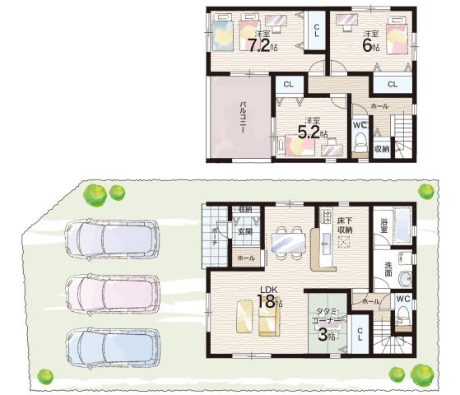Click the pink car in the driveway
113,295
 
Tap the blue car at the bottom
114,348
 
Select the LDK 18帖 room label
267,297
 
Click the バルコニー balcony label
243,118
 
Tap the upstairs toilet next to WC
360,142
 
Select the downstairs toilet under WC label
404,314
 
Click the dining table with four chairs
289,243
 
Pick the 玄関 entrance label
244,231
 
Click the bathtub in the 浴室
402,225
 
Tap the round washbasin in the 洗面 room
406,277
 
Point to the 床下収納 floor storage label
345,225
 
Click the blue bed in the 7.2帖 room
222,32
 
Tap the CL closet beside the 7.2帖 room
317,30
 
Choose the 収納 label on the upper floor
382,149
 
